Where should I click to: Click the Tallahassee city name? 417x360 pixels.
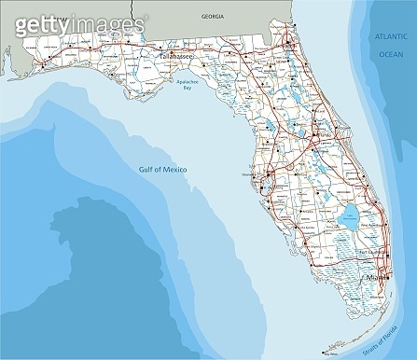tap(178, 58)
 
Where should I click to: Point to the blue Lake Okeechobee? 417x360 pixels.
tap(349, 216)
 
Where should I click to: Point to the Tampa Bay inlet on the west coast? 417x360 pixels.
tap(271, 181)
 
